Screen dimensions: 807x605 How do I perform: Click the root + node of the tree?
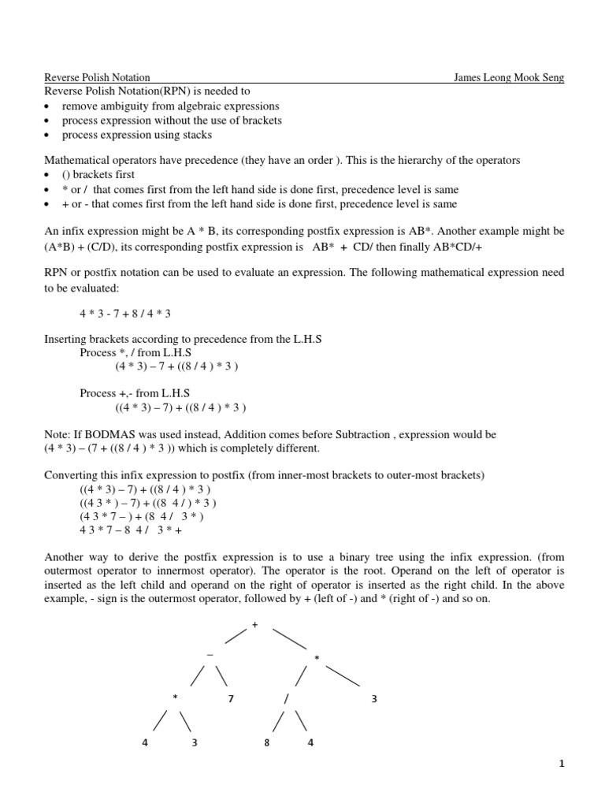pos(254,624)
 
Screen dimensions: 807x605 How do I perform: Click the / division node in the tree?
pos(287,698)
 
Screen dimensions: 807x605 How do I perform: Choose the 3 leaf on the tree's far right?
pos(374,699)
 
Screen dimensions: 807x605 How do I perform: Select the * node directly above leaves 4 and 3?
pos(175,698)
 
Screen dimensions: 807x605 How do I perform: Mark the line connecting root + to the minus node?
pos(236,635)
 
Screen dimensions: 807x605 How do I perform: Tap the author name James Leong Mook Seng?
pos(509,77)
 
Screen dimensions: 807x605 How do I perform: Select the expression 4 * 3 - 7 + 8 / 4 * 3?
pos(125,314)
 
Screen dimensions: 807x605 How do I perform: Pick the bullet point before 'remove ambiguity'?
pos(49,106)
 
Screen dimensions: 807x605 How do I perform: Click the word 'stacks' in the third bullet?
pos(195,135)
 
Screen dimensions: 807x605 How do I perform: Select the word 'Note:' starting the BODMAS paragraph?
pos(56,435)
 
